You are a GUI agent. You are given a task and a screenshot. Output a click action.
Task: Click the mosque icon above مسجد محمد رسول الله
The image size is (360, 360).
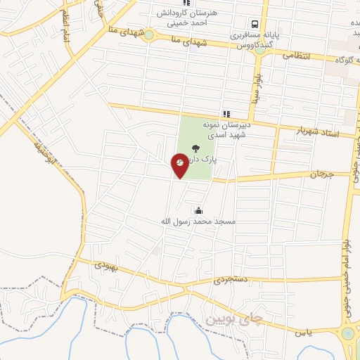tap(198, 210)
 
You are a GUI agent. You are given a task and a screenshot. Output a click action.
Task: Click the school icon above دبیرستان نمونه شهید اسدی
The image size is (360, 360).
tap(226, 113)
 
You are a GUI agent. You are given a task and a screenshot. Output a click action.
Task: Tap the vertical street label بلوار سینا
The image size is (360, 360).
tap(259, 85)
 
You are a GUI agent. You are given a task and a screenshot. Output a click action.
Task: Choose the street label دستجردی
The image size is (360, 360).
tap(230, 279)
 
